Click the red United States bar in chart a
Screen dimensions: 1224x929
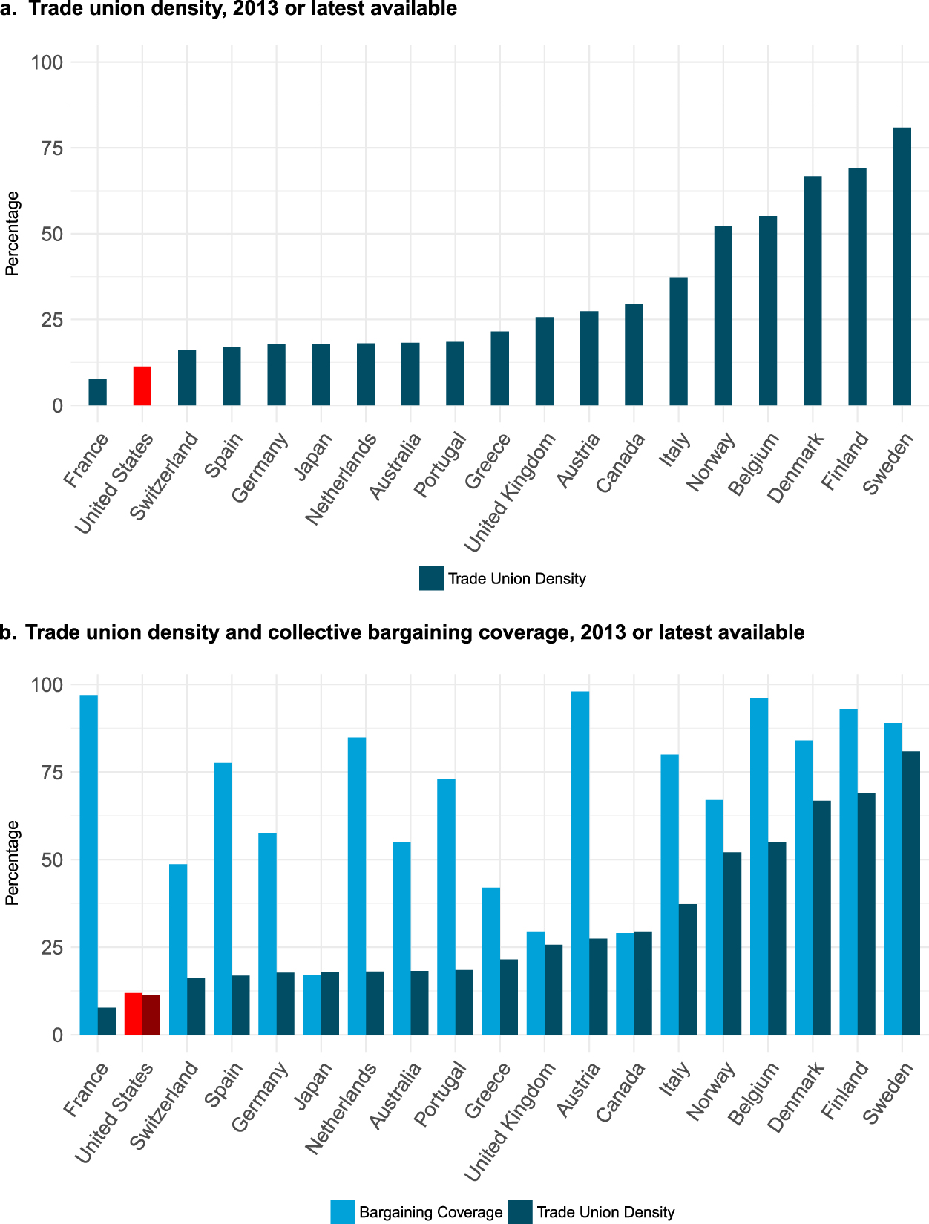point(142,386)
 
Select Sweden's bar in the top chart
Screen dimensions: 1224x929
point(902,267)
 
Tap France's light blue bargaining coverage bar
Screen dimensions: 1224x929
point(88,865)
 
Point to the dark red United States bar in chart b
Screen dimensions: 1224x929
point(151,1015)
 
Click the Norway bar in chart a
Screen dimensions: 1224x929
point(723,316)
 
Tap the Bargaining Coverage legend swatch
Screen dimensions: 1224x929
point(343,1211)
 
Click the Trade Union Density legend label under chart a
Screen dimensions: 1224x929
point(516,579)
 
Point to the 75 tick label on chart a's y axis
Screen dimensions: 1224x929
point(47,148)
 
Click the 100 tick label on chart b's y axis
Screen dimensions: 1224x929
point(47,684)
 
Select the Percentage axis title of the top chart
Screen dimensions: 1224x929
point(12,234)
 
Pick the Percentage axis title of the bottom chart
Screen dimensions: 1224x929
point(12,863)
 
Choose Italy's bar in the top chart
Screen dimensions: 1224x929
point(678,341)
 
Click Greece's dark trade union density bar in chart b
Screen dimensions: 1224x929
point(509,997)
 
